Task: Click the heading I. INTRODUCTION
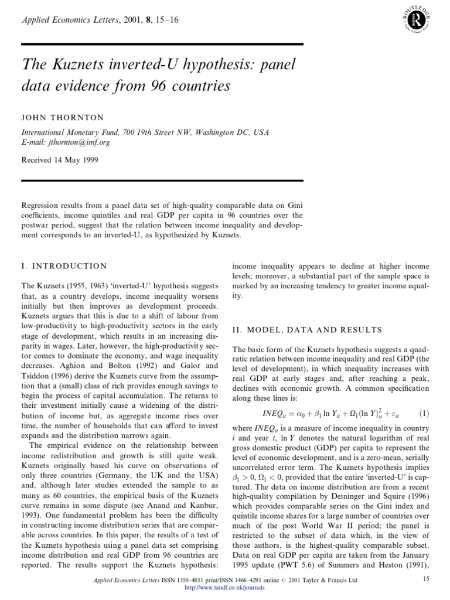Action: [x=64, y=266]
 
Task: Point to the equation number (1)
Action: [x=424, y=412]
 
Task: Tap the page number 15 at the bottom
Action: [x=425, y=579]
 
